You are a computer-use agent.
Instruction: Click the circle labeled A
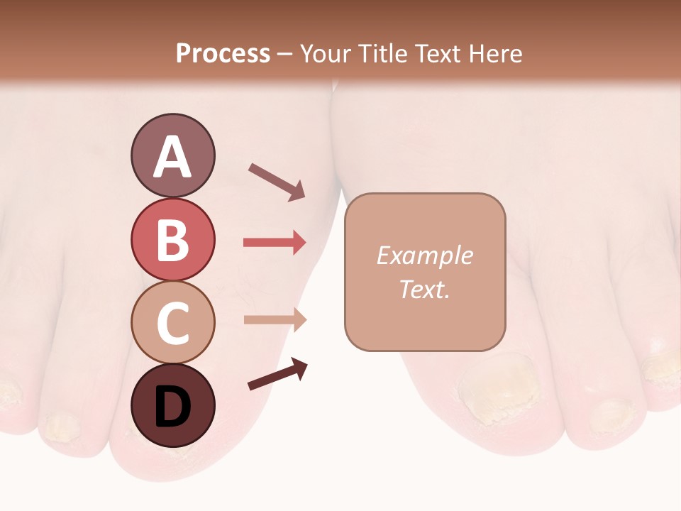(172, 155)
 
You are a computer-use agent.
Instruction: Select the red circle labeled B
(172, 239)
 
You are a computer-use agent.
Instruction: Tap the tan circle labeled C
(172, 322)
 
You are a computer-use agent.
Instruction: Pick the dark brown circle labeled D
(172, 405)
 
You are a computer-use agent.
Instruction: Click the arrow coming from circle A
(277, 182)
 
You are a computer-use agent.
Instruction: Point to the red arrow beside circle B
(275, 243)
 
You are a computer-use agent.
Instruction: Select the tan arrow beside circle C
(275, 319)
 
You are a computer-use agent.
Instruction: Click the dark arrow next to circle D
(277, 374)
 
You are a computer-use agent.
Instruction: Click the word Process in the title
(223, 53)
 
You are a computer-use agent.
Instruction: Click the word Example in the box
(424, 255)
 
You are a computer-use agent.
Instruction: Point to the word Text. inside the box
(424, 289)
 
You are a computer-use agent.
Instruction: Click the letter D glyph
(172, 407)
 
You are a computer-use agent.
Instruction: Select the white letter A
(172, 157)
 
